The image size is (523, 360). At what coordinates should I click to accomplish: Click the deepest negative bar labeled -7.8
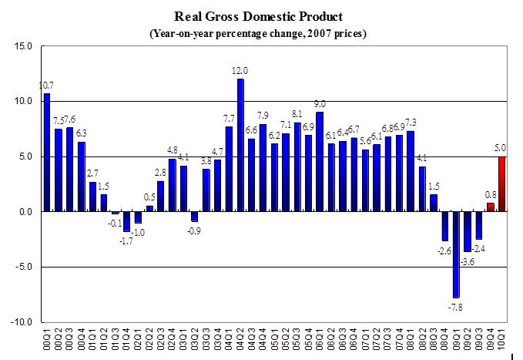pyautogui.click(x=455, y=254)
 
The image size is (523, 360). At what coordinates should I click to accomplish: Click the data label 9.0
pyautogui.click(x=320, y=104)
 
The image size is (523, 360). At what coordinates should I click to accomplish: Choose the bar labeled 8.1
pyautogui.click(x=297, y=167)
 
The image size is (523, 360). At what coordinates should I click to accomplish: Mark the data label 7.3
pyautogui.click(x=411, y=123)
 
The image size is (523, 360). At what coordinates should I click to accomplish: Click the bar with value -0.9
pyautogui.click(x=195, y=217)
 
